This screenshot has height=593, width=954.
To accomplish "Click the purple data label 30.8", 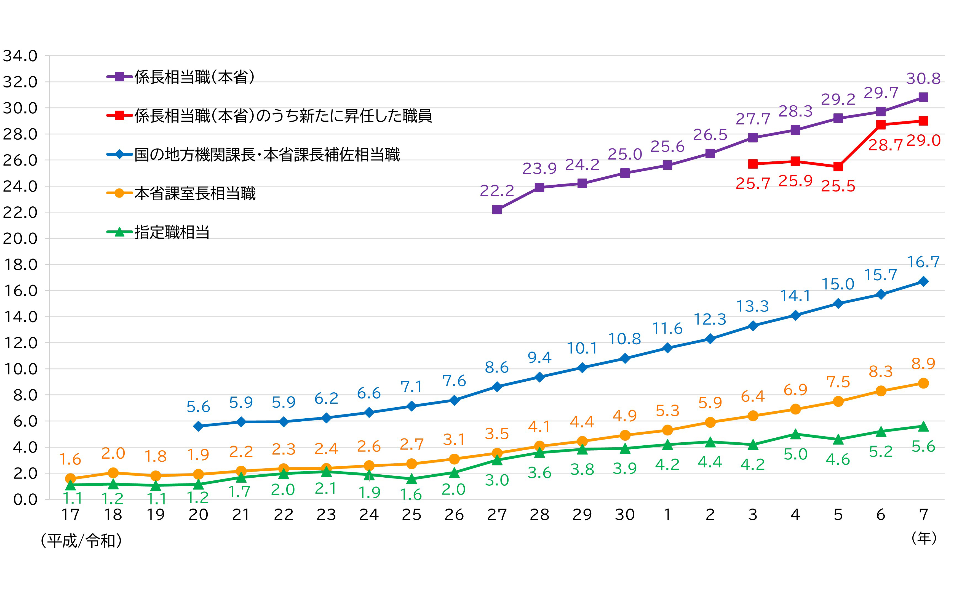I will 923,79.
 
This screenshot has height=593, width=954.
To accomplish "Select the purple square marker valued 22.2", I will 497,209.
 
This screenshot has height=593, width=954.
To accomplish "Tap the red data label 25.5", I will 838,186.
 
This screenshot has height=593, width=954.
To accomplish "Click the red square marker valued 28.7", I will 881,125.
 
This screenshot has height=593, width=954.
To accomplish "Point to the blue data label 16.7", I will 923,262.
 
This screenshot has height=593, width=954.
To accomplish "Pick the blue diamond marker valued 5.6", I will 198,426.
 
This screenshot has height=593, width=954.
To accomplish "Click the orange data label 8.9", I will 923,364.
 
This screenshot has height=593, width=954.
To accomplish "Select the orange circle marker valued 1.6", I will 71,478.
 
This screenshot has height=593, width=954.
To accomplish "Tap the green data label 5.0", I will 795,454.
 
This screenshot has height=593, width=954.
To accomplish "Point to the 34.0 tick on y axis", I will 20,56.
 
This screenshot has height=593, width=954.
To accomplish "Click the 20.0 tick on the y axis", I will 20,238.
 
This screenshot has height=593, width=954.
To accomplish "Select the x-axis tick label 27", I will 497,515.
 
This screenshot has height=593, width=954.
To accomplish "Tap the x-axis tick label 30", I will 625,515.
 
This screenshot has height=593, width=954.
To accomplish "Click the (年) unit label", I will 924,538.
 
